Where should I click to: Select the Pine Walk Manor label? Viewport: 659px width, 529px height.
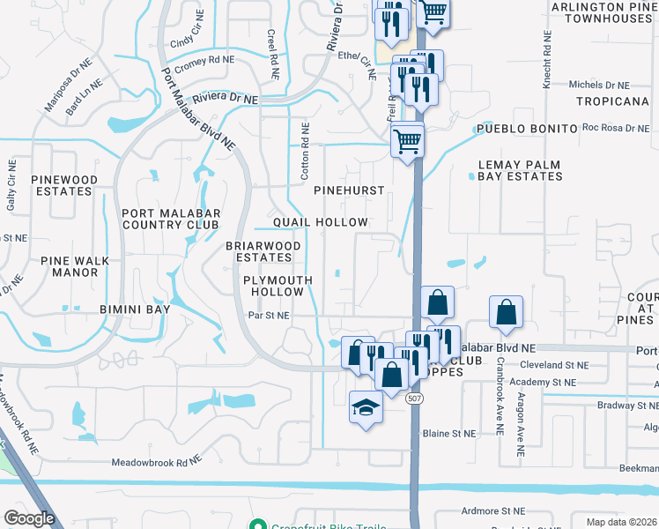(70, 266)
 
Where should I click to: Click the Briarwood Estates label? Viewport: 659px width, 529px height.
(263, 251)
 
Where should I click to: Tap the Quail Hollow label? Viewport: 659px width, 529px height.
(320, 222)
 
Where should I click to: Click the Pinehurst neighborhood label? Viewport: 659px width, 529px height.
(350, 190)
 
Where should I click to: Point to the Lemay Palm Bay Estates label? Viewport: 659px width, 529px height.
(520, 170)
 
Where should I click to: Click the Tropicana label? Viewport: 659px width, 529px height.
(612, 101)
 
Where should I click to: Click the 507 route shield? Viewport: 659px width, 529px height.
(414, 399)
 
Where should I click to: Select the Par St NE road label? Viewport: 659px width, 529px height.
(269, 314)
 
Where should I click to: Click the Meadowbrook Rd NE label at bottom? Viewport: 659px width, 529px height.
(157, 462)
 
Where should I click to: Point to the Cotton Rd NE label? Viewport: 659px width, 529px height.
(305, 140)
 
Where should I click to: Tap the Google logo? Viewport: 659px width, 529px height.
(29, 518)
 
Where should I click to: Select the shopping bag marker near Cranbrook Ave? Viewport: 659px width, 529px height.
(507, 313)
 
